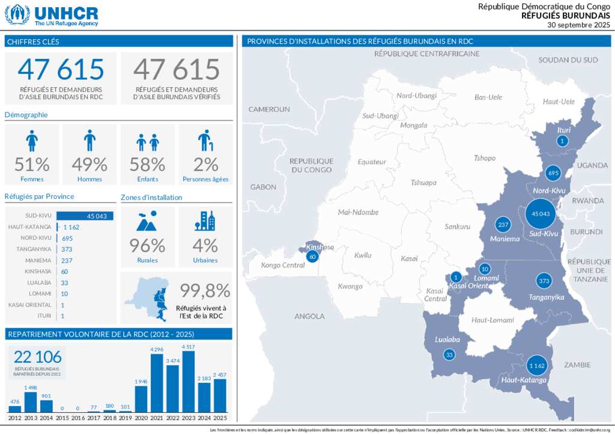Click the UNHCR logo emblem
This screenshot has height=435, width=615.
click(x=17, y=14)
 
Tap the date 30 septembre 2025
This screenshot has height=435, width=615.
click(x=578, y=25)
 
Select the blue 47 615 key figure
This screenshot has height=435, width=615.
click(x=61, y=70)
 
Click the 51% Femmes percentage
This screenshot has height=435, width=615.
click(x=32, y=164)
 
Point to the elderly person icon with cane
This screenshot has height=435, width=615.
click(x=205, y=141)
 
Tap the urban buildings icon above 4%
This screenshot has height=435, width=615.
click(x=205, y=221)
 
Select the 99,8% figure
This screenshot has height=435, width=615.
click(x=205, y=291)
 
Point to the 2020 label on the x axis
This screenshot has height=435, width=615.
click(x=141, y=418)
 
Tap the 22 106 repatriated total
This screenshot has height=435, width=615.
click(x=37, y=357)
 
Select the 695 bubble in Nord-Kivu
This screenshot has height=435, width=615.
click(x=553, y=174)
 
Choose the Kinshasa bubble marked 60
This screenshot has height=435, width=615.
click(x=312, y=257)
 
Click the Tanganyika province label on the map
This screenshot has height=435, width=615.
click(x=546, y=297)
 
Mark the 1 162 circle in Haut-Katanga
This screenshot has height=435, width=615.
click(x=536, y=365)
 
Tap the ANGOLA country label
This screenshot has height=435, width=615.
click(x=309, y=316)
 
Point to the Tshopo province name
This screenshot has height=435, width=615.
click(x=485, y=158)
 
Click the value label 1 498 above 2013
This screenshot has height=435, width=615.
click(x=31, y=388)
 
